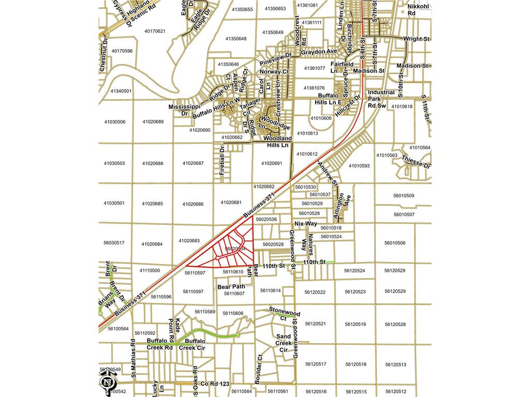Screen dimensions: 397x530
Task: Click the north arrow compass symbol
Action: [x=107, y=383]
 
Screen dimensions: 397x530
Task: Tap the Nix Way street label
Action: [x=305, y=223]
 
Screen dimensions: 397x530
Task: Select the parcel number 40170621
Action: [x=155, y=32]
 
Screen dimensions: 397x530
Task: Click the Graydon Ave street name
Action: [x=319, y=52]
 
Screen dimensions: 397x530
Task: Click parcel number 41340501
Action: [x=121, y=91]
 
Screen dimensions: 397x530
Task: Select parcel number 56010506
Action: [x=395, y=243]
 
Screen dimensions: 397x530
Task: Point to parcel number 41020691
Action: [x=272, y=163]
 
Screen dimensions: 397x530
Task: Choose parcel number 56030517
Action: [x=114, y=242]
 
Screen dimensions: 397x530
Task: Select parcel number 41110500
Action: [x=150, y=270]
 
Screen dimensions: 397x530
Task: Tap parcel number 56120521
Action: [x=315, y=324]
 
